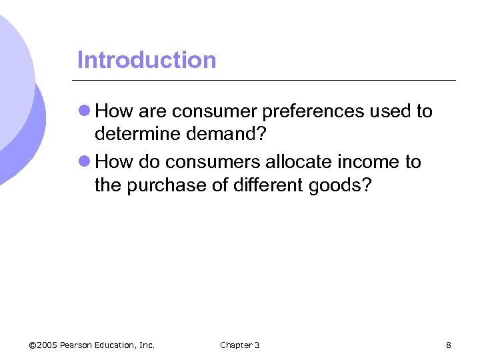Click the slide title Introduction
[147, 60]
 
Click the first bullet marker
[85, 111]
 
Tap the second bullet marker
[85, 162]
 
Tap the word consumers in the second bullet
[214, 162]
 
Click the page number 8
[449, 345]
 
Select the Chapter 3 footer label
[240, 345]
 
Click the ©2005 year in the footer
[43, 345]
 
